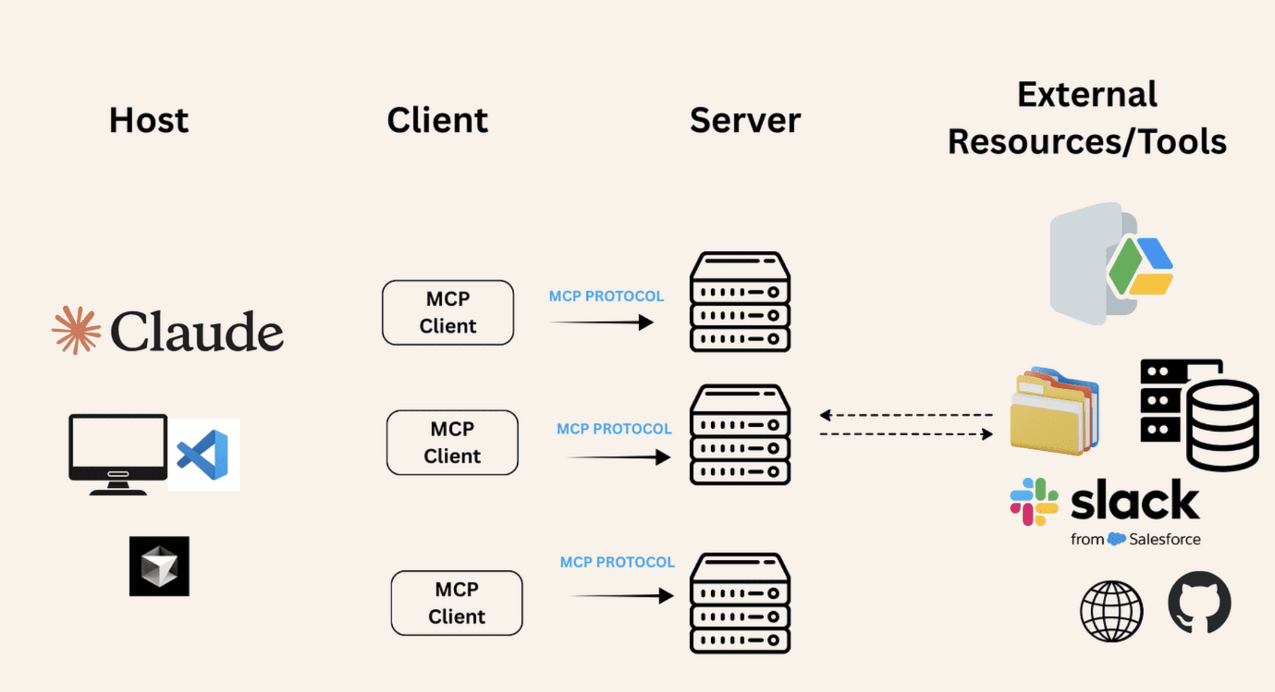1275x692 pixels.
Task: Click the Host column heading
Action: [x=148, y=120]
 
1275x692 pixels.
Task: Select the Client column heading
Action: [x=437, y=120]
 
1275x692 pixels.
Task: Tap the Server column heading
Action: [x=745, y=120]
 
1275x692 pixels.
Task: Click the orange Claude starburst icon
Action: [x=76, y=330]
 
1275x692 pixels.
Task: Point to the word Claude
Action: [x=196, y=332]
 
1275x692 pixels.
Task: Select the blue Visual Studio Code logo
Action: [x=204, y=456]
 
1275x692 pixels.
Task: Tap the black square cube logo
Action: [x=159, y=566]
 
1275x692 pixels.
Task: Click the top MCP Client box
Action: [x=448, y=312]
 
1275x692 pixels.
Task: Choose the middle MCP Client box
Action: [x=452, y=442]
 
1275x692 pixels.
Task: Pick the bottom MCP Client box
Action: [x=456, y=603]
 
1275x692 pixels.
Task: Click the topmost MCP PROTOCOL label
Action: [x=606, y=296]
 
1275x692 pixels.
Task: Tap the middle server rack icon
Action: [x=740, y=435]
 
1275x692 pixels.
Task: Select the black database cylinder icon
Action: [x=1221, y=426]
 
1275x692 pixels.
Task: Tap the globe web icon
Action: [x=1111, y=611]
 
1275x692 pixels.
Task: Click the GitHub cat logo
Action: [x=1199, y=602]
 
